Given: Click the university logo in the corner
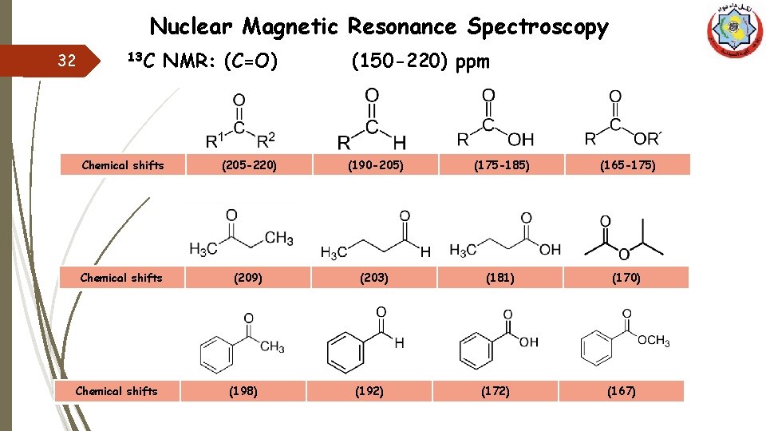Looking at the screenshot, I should tap(735, 31).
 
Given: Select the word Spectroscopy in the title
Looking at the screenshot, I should tap(538, 27).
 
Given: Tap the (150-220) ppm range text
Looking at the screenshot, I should tap(421, 61).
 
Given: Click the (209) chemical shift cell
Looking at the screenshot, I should tap(247, 278).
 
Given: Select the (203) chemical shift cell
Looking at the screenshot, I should tap(374, 278).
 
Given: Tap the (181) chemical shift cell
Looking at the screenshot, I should tap(499, 278).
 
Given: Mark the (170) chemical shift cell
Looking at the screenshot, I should tap(626, 278).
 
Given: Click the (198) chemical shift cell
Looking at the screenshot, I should tap(243, 391).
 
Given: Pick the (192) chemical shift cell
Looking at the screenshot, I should tap(369, 391).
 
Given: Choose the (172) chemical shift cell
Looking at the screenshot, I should tap(496, 391).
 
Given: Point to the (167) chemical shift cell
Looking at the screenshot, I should tap(622, 391).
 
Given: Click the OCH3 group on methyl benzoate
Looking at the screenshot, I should tap(653, 342).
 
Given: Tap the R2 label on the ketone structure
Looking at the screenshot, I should tap(266, 141).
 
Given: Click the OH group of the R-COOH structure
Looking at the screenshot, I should tap(521, 140).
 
